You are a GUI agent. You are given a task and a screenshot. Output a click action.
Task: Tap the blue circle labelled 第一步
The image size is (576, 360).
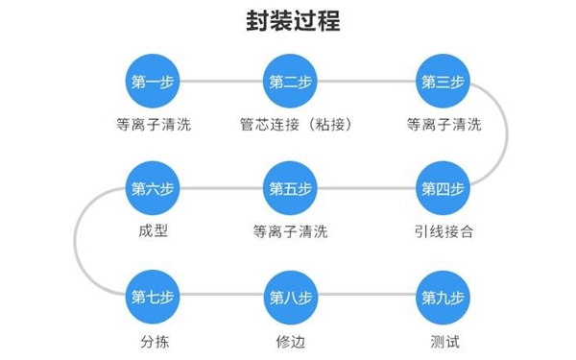[x=153, y=82]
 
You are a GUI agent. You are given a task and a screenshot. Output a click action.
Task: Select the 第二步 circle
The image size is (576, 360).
[x=290, y=82]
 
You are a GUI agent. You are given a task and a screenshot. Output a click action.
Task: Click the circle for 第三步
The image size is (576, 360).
[x=443, y=82]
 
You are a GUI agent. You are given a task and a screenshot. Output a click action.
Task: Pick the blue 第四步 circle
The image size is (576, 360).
[x=443, y=187]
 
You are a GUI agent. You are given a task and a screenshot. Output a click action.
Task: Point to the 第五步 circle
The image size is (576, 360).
[x=290, y=187]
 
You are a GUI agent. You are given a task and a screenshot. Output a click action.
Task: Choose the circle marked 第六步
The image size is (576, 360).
[x=153, y=187]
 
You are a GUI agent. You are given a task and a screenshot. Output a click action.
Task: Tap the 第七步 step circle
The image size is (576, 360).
[x=153, y=295]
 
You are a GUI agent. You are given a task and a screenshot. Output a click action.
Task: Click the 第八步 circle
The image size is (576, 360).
[x=290, y=295]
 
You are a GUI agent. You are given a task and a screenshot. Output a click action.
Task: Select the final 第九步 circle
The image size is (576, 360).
[x=443, y=295]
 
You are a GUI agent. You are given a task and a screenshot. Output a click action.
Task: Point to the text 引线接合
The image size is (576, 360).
[x=443, y=230]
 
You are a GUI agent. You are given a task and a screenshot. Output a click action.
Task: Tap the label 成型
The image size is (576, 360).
[x=153, y=230]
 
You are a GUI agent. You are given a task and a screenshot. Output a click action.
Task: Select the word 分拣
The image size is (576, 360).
[x=153, y=338]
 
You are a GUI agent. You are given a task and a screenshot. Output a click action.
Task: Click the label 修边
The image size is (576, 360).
[x=290, y=338]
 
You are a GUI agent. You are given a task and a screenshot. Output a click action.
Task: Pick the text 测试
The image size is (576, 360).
[x=443, y=338]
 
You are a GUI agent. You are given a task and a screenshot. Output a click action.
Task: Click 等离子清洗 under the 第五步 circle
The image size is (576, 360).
[x=290, y=230]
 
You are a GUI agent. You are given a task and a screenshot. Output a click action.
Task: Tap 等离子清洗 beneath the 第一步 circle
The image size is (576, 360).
[x=153, y=125]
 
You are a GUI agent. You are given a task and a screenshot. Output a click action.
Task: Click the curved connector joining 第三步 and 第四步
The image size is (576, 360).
[x=506, y=134]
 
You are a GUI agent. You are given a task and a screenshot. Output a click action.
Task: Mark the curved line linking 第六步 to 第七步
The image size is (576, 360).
[x=78, y=241]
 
